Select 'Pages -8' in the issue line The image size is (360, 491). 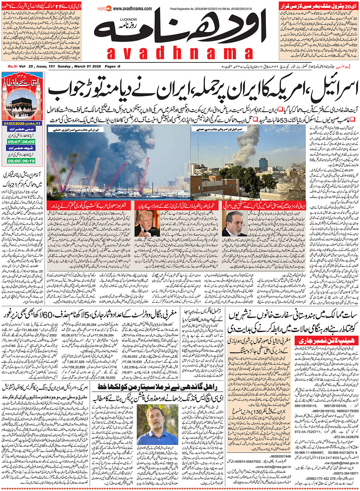pyautogui.click(x=114, y=67)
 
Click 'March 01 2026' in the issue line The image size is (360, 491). pyautogui.click(x=84, y=67)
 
